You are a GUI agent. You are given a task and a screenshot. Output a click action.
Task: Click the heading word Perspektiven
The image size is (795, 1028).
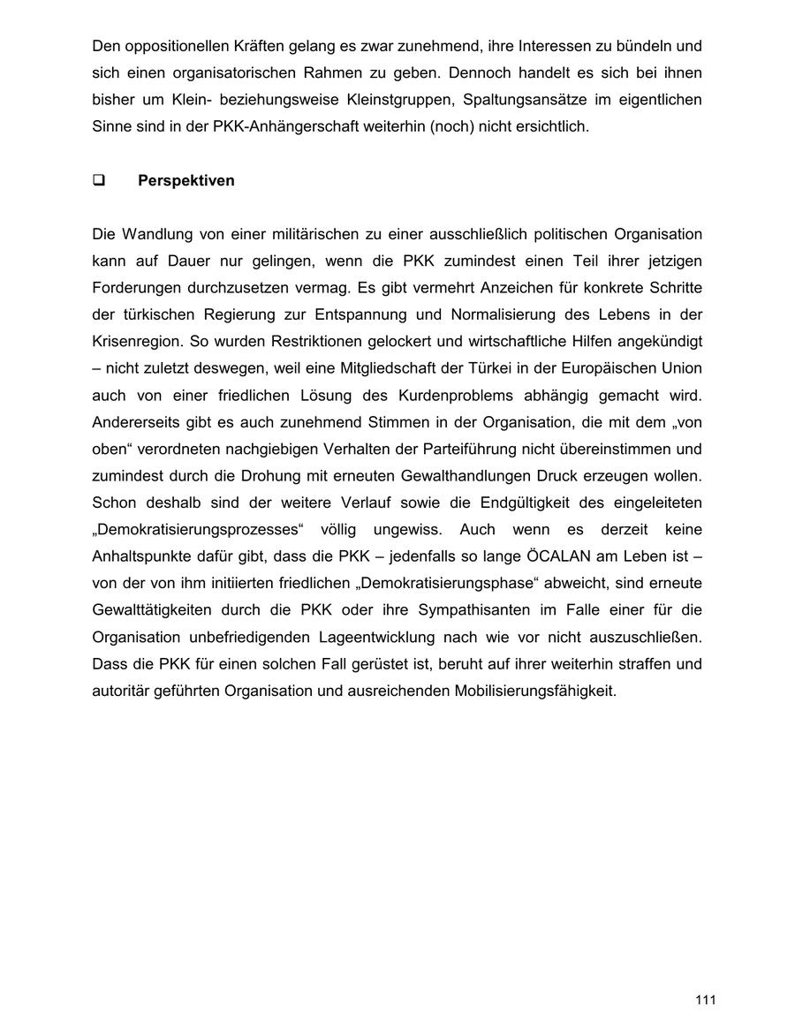(x=185, y=181)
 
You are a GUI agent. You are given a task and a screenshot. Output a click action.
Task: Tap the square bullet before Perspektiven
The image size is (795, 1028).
(x=98, y=181)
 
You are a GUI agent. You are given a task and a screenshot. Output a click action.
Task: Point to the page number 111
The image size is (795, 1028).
(x=705, y=1000)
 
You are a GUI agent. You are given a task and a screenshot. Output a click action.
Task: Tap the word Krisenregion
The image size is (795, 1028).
(x=137, y=342)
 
